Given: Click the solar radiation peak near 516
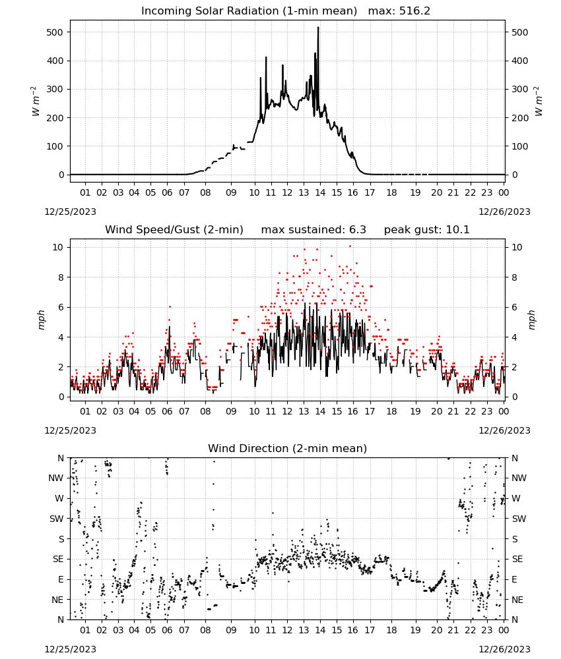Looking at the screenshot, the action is point(318,27).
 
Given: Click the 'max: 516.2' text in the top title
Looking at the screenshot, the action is point(399,11).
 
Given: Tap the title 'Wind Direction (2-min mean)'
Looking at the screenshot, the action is point(288,448).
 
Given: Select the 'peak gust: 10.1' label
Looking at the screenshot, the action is point(426,230).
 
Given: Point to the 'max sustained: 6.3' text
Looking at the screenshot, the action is point(313,230).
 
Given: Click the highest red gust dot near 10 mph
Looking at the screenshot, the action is point(350,246).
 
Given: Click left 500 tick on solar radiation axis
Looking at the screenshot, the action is point(55,32).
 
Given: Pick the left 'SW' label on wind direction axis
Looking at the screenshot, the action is point(57,519).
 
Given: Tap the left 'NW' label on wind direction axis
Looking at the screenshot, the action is point(56,478).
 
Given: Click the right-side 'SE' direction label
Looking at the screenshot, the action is point(517,559).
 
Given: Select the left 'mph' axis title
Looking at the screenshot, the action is point(41,320).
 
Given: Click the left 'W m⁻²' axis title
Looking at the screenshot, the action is point(36,101).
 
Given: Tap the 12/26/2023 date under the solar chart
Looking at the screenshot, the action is point(504,212).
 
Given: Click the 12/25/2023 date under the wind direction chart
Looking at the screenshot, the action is point(70,649).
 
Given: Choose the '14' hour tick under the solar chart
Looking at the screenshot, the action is point(320,193).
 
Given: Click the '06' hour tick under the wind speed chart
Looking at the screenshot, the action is point(167,411).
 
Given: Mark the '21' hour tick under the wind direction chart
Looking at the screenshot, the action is point(453,631).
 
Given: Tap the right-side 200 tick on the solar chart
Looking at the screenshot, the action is point(520,118).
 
